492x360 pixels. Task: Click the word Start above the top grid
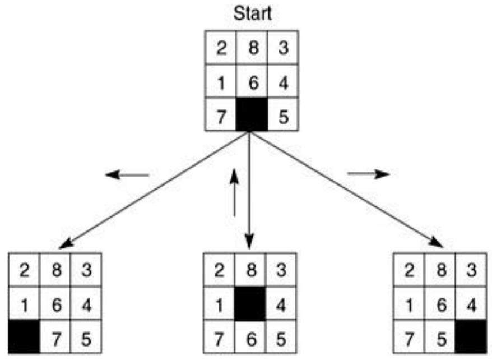coord(252,13)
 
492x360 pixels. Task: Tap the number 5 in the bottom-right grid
coord(440,338)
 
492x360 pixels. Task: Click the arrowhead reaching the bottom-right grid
coord(437,242)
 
